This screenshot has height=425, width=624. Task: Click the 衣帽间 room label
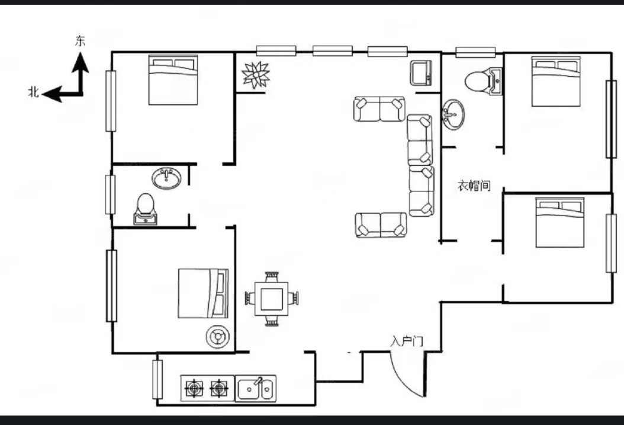coord(474,186)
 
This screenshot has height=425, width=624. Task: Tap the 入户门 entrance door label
coord(406,341)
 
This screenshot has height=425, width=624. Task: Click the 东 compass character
coord(81,41)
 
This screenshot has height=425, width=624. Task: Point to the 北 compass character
coord(33,92)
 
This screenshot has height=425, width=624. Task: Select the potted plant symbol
coord(256,75)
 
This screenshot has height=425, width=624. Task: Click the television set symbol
coord(421,73)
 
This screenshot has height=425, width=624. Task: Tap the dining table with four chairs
coord(272,299)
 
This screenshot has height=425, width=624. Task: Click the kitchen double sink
coord(256,388)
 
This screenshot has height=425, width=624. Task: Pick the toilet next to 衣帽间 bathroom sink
coord(484,81)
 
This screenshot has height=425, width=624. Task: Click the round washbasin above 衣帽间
coord(453,114)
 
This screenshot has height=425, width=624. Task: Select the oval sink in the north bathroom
coord(166,178)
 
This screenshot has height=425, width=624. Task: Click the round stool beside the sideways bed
coord(218,337)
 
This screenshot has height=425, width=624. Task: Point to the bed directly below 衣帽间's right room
coord(560,222)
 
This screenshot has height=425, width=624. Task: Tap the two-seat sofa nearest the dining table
coord(381,225)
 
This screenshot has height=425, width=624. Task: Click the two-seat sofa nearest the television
coord(379,108)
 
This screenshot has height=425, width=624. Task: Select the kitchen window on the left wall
coord(157,379)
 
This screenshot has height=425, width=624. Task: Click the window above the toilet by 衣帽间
coord(475,52)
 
